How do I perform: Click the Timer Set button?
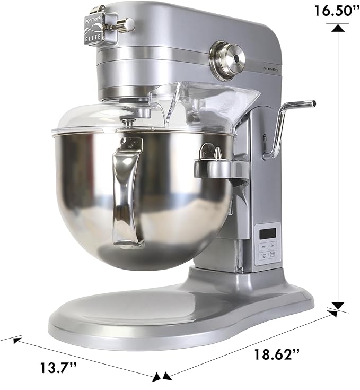click(x=262, y=255)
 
